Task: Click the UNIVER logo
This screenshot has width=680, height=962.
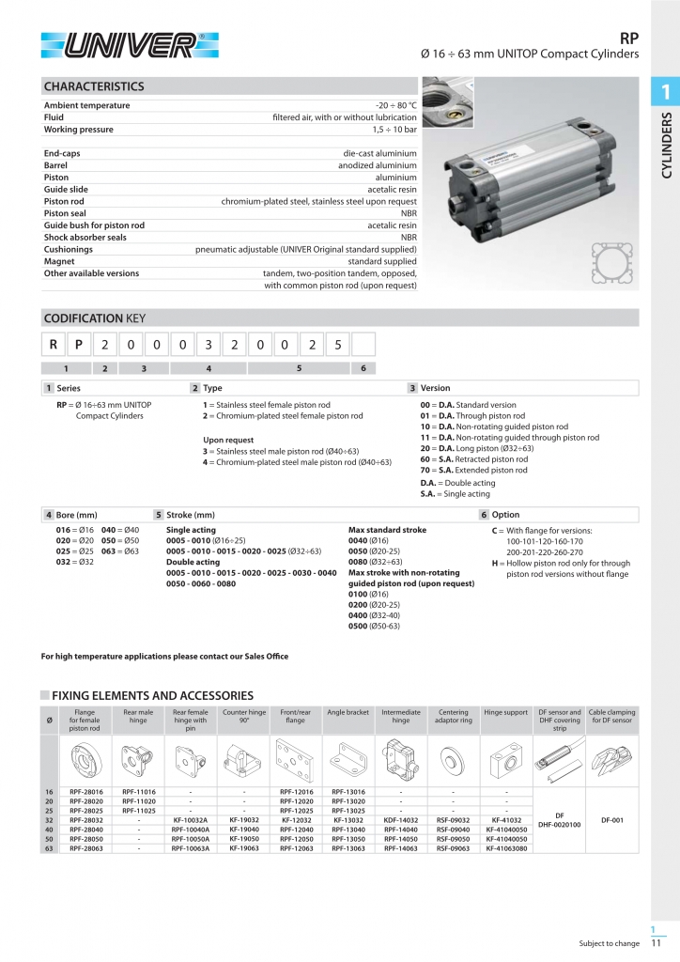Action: click(x=130, y=44)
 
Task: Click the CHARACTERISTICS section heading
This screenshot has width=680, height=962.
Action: click(x=94, y=86)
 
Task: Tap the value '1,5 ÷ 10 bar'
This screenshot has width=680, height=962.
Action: click(x=394, y=129)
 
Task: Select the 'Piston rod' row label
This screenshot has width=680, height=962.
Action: click(x=64, y=201)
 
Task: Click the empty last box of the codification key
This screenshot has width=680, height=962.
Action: click(x=363, y=345)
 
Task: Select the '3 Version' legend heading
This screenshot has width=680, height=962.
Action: click(x=429, y=388)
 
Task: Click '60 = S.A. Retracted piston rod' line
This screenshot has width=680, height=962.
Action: click(x=473, y=459)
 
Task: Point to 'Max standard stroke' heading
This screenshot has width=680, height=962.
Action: click(x=387, y=530)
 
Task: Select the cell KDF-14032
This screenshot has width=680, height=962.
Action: click(x=401, y=820)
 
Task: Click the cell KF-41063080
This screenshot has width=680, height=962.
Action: click(x=507, y=848)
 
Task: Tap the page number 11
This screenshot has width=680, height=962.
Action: click(x=656, y=943)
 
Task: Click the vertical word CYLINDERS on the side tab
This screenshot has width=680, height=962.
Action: click(x=667, y=145)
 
